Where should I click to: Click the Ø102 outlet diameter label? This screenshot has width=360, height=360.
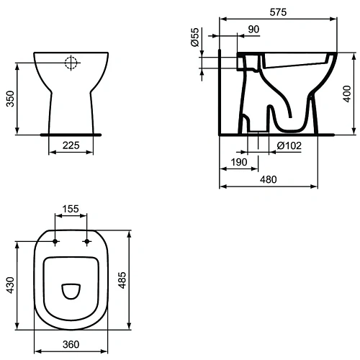tap(289, 147)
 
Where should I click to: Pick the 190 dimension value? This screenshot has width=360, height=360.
tap(240, 163)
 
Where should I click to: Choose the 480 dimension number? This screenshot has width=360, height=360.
tap(287, 179)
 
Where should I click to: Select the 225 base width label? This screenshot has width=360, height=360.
tap(70, 146)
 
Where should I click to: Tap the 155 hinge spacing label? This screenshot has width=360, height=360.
tap(71, 210)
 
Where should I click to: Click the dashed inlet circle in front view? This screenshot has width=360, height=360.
tap(71, 63)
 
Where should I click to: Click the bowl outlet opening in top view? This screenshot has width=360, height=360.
tap(71, 291)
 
